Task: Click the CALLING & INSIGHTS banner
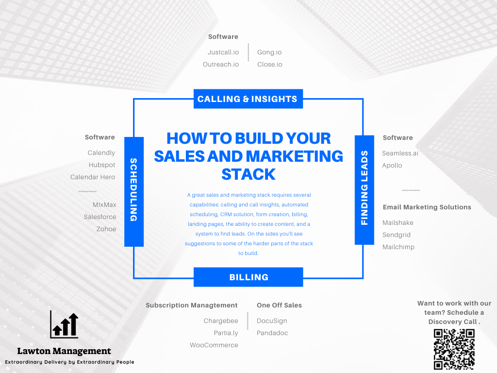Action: point(248,99)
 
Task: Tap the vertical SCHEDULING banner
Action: point(134,191)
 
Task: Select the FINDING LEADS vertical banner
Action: point(364,190)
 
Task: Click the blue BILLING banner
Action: point(248,277)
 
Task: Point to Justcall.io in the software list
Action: point(223,52)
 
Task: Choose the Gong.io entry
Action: point(269,52)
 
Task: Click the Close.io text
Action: point(269,65)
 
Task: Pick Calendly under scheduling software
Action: point(101,153)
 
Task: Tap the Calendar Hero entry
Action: point(93,177)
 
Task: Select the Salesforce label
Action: point(99,217)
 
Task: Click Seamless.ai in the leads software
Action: point(400,153)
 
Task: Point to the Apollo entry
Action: point(392,166)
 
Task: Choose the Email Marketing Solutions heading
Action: point(427,207)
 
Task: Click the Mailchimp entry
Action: point(398,247)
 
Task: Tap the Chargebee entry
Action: point(221,321)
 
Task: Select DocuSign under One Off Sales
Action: point(272,321)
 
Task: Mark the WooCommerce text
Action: point(214,345)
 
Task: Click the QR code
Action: point(454,349)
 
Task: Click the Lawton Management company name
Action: point(64,351)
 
